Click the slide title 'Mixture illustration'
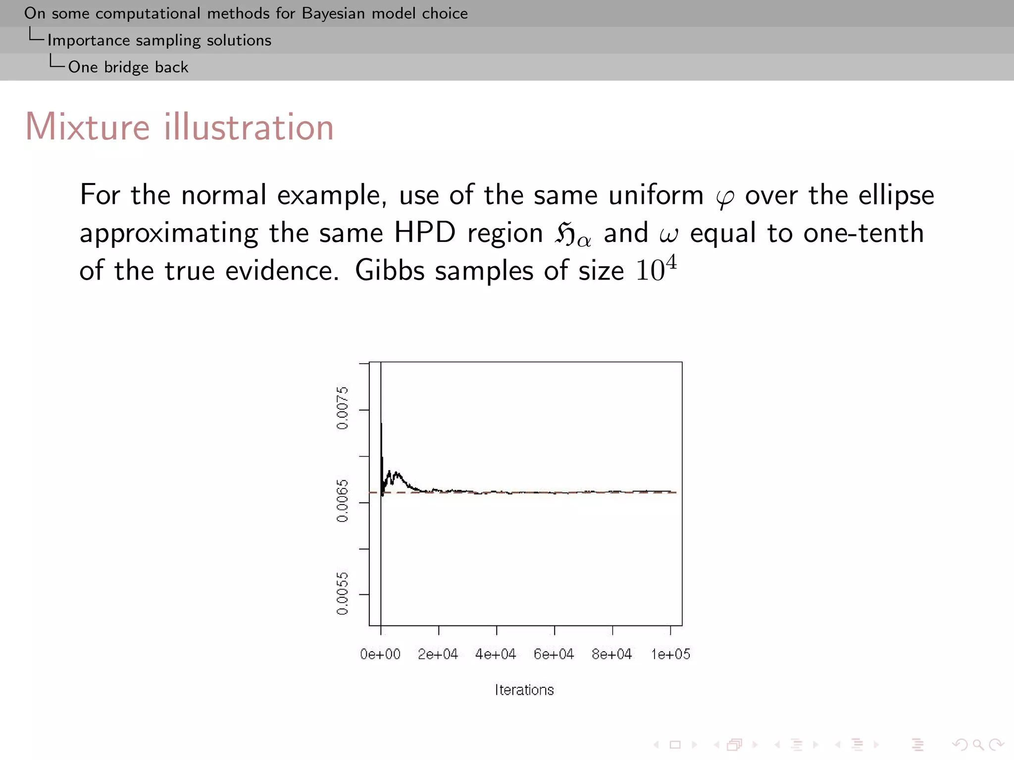(179, 127)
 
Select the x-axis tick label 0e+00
(380, 654)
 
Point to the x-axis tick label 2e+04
(438, 654)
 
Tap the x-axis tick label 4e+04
(496, 654)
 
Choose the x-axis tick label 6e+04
(554, 654)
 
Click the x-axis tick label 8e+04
(612, 654)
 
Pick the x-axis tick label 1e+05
(670, 654)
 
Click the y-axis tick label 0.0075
(342, 408)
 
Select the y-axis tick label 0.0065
(342, 501)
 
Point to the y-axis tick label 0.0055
(342, 593)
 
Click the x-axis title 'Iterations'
(524, 690)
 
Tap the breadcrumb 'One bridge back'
(128, 67)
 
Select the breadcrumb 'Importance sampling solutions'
(159, 40)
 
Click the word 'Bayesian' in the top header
(333, 13)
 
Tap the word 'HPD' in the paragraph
(425, 233)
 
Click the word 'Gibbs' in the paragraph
(390, 271)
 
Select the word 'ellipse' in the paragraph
(896, 195)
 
